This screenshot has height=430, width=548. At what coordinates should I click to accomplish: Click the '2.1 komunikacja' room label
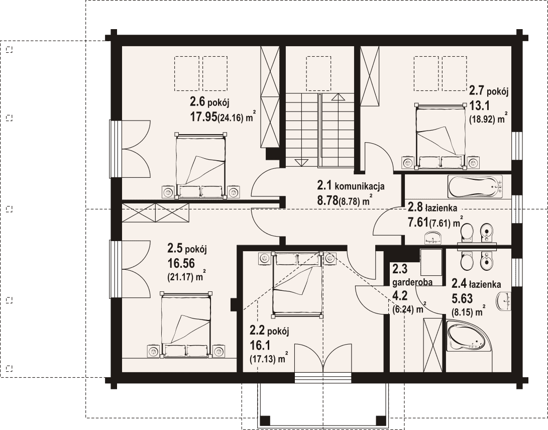351,185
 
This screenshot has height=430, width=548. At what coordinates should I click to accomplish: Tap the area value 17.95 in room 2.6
203,117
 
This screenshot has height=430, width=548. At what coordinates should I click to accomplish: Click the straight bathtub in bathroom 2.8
475,187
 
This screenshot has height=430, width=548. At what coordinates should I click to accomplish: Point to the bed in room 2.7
441,136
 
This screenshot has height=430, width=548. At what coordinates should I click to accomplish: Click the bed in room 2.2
297,284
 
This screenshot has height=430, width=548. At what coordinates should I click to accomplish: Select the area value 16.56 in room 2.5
181,263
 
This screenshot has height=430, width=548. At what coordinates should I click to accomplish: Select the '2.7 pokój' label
488,91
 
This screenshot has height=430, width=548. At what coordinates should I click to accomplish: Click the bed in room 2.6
200,166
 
